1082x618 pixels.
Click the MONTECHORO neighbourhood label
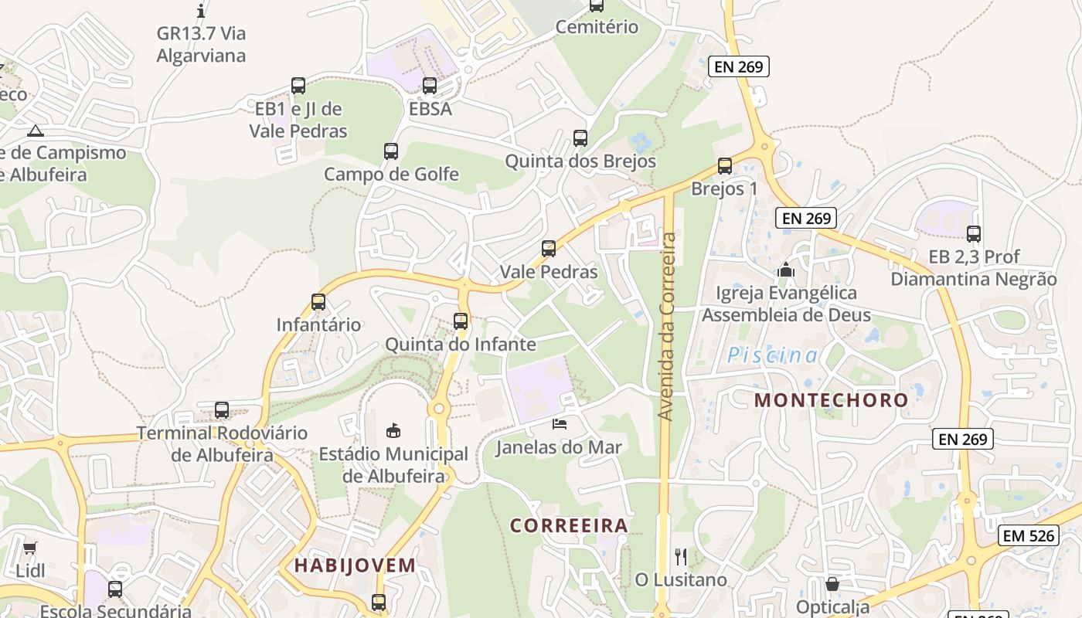(x=831, y=400)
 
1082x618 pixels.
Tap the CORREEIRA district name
(x=569, y=526)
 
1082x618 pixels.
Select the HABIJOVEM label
(x=355, y=565)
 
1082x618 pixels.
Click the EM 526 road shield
(x=1028, y=535)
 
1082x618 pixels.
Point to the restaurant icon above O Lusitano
(x=681, y=556)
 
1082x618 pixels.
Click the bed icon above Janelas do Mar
(x=559, y=423)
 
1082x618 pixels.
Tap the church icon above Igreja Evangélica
(x=786, y=270)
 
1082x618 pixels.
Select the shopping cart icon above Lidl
(x=29, y=548)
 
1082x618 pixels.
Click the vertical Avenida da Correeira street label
(x=667, y=327)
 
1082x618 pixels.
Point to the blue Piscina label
(x=772, y=356)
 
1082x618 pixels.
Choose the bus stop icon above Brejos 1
(x=724, y=165)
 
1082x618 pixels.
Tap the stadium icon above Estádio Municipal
(x=393, y=430)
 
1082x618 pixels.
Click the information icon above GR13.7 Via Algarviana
(x=201, y=11)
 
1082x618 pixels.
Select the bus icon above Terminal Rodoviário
(x=222, y=410)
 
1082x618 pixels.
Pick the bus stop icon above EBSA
(x=430, y=86)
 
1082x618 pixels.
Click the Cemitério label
(x=597, y=27)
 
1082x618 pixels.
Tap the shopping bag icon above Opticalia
(x=832, y=584)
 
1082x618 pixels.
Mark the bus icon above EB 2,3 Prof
(x=974, y=233)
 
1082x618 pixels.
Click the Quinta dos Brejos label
(x=580, y=161)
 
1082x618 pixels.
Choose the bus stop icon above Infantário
(x=318, y=302)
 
